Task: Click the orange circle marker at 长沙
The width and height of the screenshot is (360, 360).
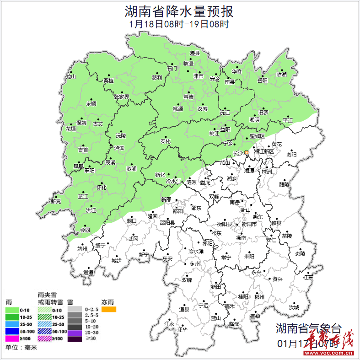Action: point(247,152)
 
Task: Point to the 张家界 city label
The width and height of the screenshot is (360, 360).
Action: point(122,97)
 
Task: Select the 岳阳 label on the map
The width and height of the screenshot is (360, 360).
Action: point(262,81)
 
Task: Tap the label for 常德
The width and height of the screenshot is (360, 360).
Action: point(188,97)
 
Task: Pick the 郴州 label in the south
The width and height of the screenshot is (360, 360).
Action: point(259,297)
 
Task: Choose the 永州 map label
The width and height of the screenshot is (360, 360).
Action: point(194,264)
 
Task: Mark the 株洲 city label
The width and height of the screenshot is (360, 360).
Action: point(266,172)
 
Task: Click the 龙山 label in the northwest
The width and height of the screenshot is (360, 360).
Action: point(70,77)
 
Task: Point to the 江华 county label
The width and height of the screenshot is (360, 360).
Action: point(183,329)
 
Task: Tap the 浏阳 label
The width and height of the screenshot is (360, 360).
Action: point(291,155)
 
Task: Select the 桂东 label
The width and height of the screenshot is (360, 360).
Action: point(308,277)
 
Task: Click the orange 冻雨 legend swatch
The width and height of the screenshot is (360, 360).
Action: point(108,310)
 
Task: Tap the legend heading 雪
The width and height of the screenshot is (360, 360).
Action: point(70,302)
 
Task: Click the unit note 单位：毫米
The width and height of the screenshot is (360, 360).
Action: point(21,348)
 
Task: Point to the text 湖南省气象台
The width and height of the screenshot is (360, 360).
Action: point(308,328)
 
